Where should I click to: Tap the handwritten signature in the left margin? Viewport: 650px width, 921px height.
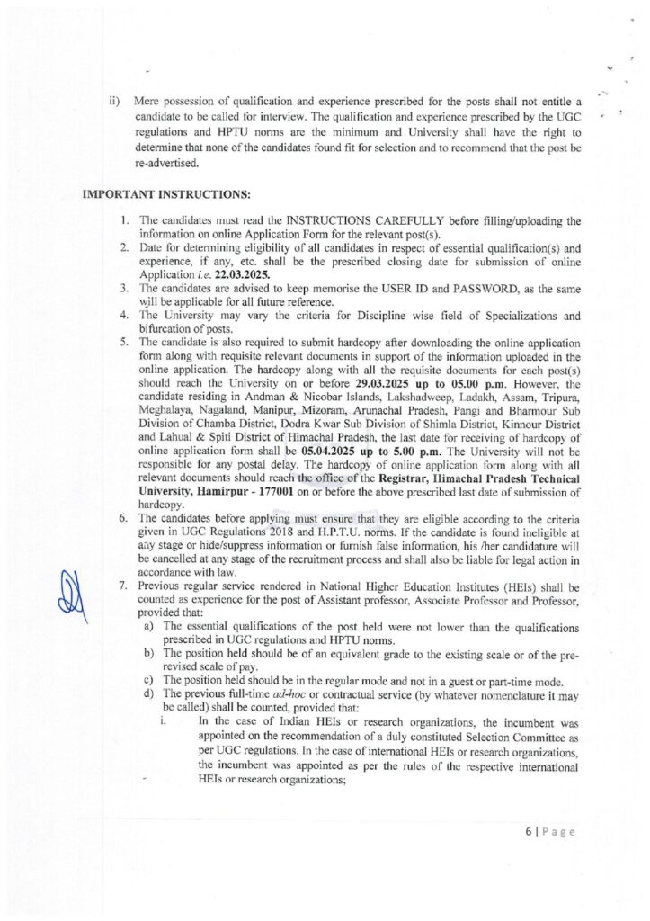point(74,595)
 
